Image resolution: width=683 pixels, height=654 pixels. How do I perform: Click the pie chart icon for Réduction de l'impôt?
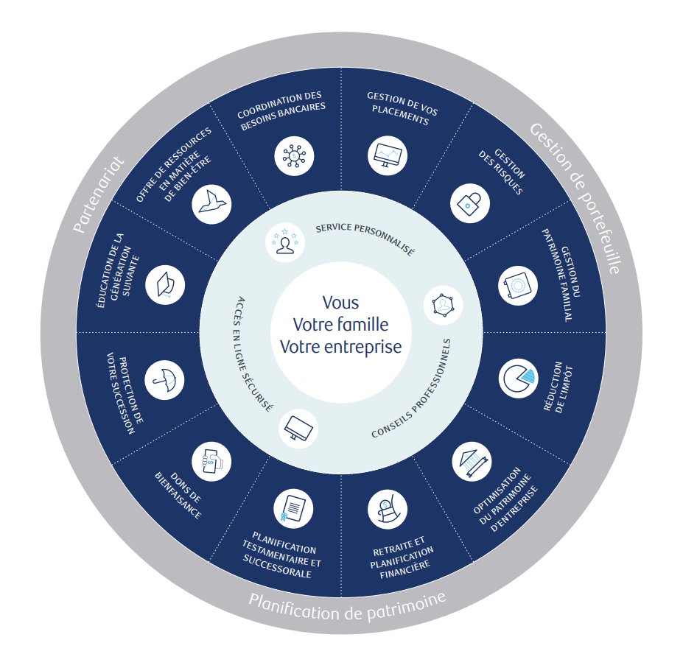tap(518, 378)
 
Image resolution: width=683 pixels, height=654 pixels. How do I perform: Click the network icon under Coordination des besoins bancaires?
tap(294, 155)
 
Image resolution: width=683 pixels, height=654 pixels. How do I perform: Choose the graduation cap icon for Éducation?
tap(165, 284)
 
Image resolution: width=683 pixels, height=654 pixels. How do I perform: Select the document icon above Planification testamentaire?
tap(293, 509)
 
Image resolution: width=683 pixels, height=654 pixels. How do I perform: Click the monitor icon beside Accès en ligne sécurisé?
tap(299, 426)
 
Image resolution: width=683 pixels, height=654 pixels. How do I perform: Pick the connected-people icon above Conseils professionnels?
tap(444, 304)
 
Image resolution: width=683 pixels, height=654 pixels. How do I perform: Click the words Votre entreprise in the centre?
tap(341, 345)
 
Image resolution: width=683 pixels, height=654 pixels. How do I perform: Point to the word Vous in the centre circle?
tap(341, 302)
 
